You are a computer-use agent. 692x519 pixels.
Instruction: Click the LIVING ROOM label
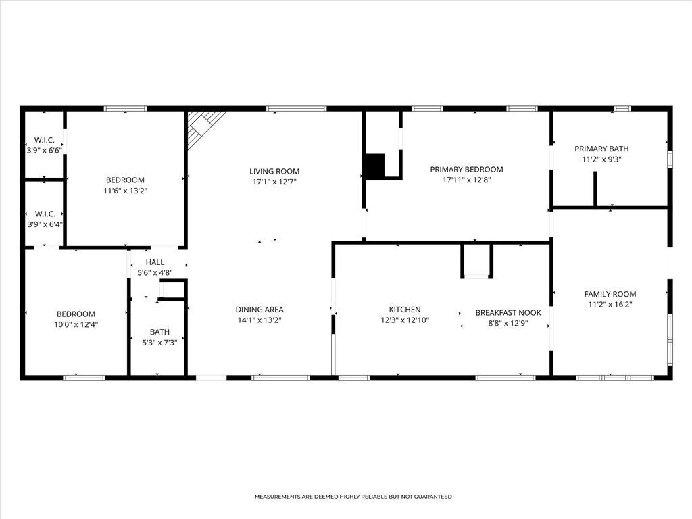[x=274, y=171]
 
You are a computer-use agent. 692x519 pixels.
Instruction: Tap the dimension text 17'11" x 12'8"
[x=466, y=180]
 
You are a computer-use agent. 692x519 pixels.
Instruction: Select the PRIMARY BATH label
[x=601, y=149]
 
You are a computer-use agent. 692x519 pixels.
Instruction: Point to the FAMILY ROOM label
[x=610, y=294]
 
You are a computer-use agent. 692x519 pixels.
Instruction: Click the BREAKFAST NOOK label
[x=508, y=312]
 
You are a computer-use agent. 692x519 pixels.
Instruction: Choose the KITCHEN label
[x=404, y=310]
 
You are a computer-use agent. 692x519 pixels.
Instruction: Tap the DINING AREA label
[x=259, y=310]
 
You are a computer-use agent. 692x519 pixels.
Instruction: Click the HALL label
[x=155, y=262]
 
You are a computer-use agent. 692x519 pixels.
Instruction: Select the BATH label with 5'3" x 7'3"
[x=159, y=332]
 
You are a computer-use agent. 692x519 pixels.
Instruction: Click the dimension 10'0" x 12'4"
[x=76, y=325]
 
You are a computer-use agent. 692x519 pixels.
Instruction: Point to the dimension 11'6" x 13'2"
[x=125, y=191]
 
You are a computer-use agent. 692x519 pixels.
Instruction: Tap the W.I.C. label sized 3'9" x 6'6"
[x=44, y=140]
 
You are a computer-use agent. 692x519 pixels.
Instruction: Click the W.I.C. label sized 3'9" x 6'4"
[x=44, y=214]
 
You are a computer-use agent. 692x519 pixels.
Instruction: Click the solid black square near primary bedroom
[x=374, y=166]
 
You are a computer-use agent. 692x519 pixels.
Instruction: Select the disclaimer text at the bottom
[x=353, y=497]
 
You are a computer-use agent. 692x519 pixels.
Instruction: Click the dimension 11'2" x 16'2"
[x=610, y=305]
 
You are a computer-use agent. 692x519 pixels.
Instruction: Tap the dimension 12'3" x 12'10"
[x=404, y=320]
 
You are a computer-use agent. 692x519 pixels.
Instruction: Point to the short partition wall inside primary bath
[x=595, y=189]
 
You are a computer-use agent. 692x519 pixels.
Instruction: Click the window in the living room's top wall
[x=296, y=108]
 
